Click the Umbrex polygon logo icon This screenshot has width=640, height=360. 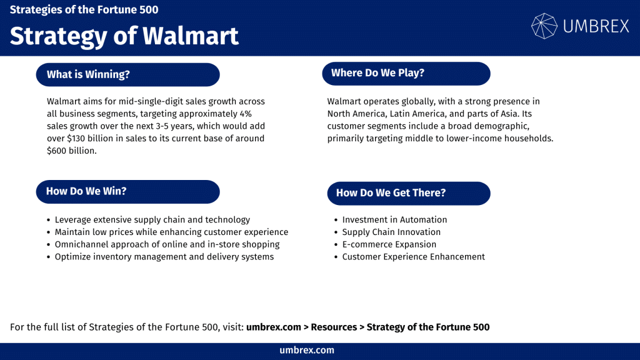544,26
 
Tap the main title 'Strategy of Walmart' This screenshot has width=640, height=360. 124,36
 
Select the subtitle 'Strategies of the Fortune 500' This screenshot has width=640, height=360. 84,10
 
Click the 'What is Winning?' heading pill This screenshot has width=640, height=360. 128,74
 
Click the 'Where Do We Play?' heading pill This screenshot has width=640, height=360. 406,73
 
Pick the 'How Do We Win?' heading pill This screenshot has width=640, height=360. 128,191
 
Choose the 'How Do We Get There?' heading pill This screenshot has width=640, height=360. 408,192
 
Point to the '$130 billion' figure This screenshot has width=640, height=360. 91,138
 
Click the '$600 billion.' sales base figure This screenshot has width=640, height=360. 72,151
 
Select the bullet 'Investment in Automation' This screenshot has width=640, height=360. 394,219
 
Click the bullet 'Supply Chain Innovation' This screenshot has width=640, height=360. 391,232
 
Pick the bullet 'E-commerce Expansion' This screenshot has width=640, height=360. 389,244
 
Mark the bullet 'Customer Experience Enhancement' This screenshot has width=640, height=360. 413,257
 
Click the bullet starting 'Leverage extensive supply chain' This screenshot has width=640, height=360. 152,219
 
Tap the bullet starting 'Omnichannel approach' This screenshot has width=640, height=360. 167,244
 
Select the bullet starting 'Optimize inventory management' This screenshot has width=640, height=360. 164,257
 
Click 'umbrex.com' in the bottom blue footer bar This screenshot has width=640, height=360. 307,351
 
